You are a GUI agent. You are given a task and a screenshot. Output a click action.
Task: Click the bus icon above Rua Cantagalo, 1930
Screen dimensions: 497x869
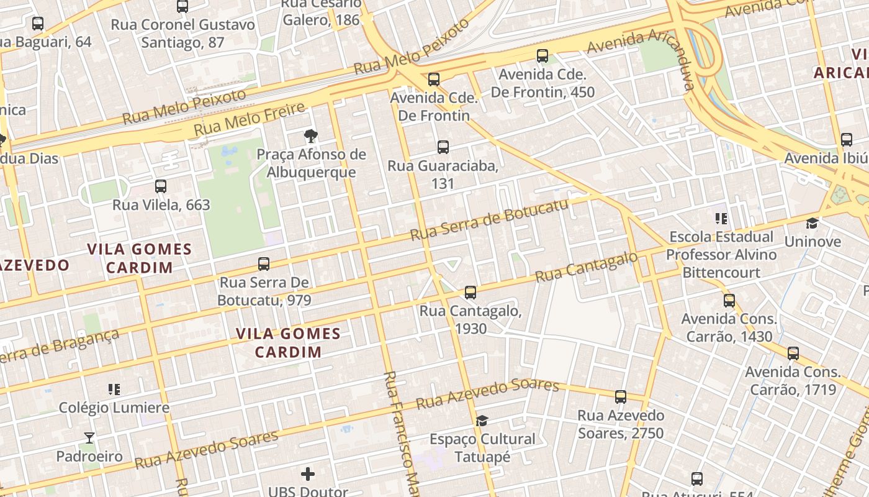click(x=471, y=292)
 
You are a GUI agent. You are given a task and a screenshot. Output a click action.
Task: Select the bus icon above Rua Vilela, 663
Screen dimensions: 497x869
click(x=161, y=186)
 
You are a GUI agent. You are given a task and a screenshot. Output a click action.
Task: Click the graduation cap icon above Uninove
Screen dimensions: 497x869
click(x=812, y=223)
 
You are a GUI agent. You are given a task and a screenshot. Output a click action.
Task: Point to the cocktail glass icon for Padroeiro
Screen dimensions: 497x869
click(x=89, y=438)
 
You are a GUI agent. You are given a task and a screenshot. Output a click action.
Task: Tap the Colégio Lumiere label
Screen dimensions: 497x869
click(x=114, y=408)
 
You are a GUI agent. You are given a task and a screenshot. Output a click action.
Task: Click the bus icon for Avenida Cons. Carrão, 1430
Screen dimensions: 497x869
click(x=729, y=301)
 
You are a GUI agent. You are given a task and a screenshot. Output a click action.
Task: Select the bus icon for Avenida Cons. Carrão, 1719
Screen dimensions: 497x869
click(x=793, y=353)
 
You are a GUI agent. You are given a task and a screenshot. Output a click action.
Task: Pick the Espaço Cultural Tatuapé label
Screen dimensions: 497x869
click(x=482, y=448)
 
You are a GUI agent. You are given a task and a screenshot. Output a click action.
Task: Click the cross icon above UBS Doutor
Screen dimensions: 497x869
click(x=308, y=475)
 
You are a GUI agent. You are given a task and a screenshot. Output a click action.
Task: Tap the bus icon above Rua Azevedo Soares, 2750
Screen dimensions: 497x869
click(x=621, y=397)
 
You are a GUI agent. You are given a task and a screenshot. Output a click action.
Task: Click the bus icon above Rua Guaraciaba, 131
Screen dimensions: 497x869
click(x=443, y=147)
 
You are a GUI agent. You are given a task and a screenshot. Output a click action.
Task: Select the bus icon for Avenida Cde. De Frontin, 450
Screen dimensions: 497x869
click(x=543, y=56)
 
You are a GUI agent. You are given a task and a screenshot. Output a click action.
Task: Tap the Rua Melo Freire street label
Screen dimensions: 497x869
click(x=250, y=119)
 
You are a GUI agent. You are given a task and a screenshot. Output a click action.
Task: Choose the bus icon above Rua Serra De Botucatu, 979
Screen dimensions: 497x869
click(x=264, y=264)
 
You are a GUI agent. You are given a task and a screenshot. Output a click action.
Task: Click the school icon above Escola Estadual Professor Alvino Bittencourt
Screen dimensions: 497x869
click(x=721, y=218)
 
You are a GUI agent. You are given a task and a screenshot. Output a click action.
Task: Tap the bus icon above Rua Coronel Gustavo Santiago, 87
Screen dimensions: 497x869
click(x=182, y=7)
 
